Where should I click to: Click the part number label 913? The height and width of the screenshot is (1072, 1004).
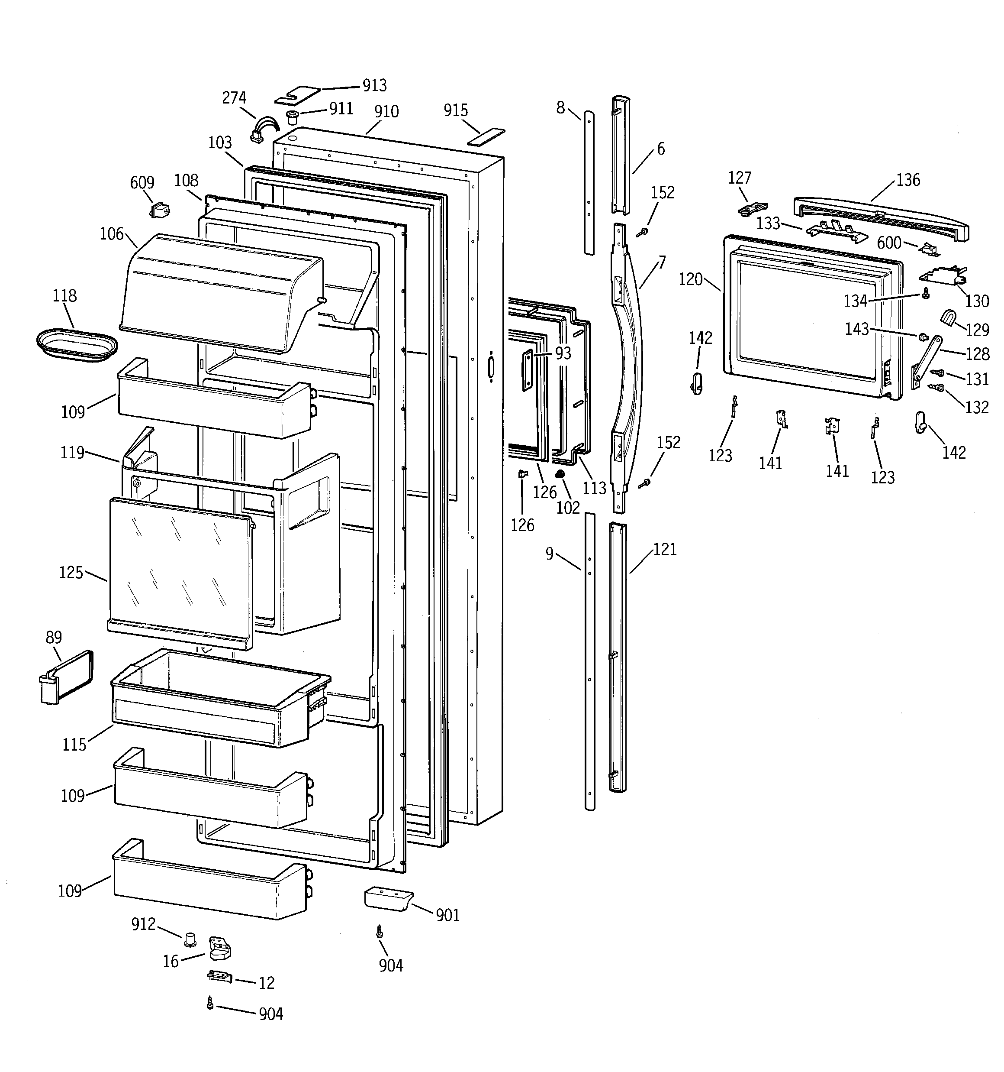click(374, 85)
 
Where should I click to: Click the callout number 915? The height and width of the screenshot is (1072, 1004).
click(455, 110)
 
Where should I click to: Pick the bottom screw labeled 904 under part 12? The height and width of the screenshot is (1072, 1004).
click(210, 1004)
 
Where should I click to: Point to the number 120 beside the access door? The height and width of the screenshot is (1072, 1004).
click(690, 279)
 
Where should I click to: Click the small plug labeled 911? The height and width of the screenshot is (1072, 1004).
click(293, 116)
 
